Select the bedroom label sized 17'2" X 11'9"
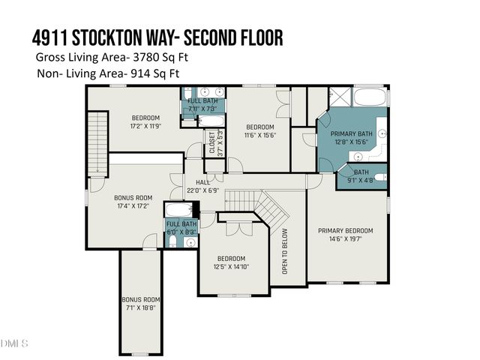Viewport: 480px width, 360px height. point(146,121)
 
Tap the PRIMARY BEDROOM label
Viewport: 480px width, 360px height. point(345,235)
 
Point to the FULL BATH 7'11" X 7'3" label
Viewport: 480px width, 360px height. point(202,105)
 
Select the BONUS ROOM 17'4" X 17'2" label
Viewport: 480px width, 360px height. point(133,202)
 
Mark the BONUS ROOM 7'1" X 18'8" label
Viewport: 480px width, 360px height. point(142,303)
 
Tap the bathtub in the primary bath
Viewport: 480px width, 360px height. point(367,97)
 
